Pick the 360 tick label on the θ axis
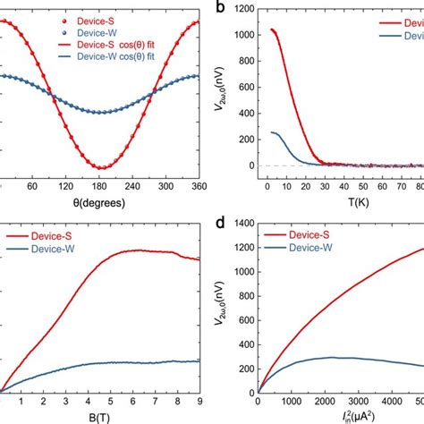click(x=199, y=187)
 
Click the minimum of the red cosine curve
click(x=105, y=167)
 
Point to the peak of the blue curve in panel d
click(x=332, y=358)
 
